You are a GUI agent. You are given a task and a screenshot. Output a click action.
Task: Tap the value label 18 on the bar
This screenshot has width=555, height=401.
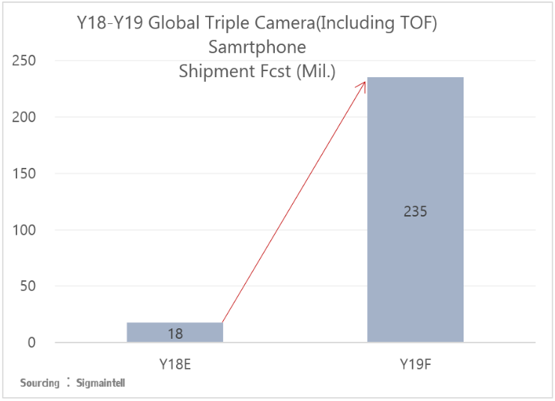pyautogui.click(x=175, y=334)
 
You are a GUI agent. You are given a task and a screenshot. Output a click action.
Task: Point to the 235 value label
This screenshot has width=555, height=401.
pyautogui.click(x=415, y=211)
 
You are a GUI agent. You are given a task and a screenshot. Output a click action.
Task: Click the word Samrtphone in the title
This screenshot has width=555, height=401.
pyautogui.click(x=258, y=48)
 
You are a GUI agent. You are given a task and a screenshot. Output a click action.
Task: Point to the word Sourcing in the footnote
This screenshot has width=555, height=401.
pyautogui.click(x=40, y=383)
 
